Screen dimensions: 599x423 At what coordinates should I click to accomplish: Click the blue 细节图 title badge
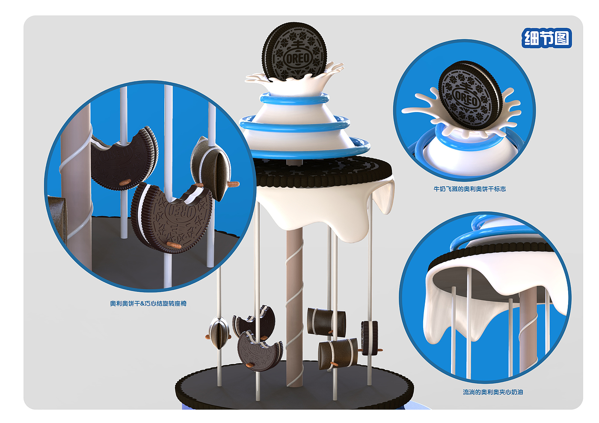(x=546, y=38)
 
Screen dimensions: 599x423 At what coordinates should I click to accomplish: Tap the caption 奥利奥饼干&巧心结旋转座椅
(x=148, y=303)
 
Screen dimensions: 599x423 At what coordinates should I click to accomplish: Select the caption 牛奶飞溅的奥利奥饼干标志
(x=470, y=189)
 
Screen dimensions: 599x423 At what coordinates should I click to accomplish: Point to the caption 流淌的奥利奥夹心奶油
(x=493, y=392)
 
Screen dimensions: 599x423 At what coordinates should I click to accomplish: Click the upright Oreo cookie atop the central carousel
(x=294, y=51)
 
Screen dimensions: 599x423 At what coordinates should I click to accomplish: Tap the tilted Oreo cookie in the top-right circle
(x=470, y=95)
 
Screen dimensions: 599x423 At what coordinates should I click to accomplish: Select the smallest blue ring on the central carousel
(x=294, y=99)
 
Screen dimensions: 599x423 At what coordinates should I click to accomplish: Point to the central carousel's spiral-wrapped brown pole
(x=295, y=307)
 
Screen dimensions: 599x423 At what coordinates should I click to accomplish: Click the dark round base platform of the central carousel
(x=294, y=390)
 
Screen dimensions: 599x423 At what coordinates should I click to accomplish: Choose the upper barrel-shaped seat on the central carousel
(x=326, y=322)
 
